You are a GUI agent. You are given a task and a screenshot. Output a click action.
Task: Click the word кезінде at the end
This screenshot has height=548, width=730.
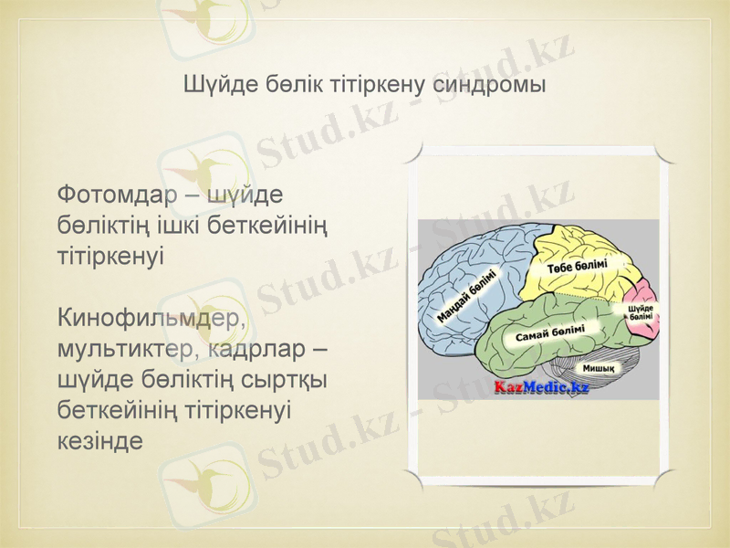100,440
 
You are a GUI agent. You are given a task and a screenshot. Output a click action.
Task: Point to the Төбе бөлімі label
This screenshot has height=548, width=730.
578,267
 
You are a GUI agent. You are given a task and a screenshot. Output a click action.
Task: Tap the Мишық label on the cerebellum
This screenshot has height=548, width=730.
598,369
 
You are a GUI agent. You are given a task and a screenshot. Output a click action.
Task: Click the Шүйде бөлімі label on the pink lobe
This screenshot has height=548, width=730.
640,311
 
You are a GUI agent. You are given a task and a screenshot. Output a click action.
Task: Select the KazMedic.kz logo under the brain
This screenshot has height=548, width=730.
541,387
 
